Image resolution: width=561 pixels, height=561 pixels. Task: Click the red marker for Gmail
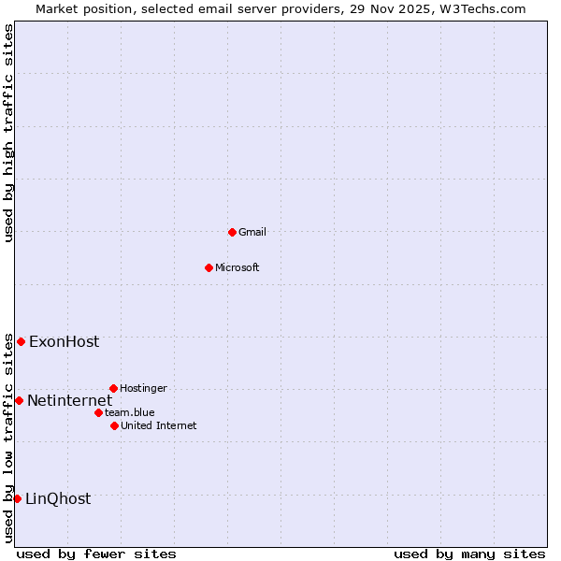click(232, 232)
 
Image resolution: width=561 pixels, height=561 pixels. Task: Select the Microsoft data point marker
click(209, 267)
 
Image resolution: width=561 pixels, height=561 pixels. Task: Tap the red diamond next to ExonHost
click(21, 341)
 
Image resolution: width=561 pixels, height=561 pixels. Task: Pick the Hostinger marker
click(113, 388)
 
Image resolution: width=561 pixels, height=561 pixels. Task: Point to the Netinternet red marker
click(19, 400)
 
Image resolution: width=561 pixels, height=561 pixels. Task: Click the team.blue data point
click(98, 412)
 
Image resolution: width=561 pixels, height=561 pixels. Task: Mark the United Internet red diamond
click(114, 425)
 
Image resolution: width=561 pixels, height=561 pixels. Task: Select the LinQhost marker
click(17, 498)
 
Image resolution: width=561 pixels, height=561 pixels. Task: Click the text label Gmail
click(252, 232)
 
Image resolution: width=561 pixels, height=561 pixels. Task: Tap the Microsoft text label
click(237, 267)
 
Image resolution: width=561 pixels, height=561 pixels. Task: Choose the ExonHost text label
click(64, 341)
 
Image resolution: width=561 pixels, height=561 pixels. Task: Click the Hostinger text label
click(143, 388)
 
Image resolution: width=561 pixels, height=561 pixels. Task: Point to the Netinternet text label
click(69, 400)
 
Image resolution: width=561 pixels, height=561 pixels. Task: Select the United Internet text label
click(159, 425)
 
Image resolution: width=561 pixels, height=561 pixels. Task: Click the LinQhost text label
click(58, 498)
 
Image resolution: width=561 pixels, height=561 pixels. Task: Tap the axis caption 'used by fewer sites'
click(96, 554)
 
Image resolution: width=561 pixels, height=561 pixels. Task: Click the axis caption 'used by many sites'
click(469, 554)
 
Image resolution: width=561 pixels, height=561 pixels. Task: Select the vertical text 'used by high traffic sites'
click(8, 133)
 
